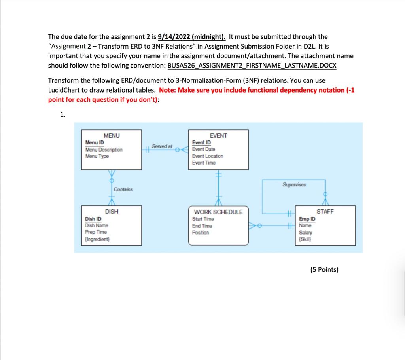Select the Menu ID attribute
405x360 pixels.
95,142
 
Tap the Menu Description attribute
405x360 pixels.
104,150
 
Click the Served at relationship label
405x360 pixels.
162,146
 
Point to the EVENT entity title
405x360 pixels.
218,136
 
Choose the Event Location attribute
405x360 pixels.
208,156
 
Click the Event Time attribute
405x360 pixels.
204,163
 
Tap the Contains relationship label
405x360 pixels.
123,189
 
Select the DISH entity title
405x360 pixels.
112,212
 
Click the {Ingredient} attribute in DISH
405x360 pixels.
97,239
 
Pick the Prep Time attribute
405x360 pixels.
96,232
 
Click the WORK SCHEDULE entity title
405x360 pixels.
218,212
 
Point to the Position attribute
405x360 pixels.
201,233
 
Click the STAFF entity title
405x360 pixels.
325,212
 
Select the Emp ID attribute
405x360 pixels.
307,219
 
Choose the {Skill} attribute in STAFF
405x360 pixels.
306,239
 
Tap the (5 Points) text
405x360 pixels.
324,270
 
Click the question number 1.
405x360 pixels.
62,115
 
